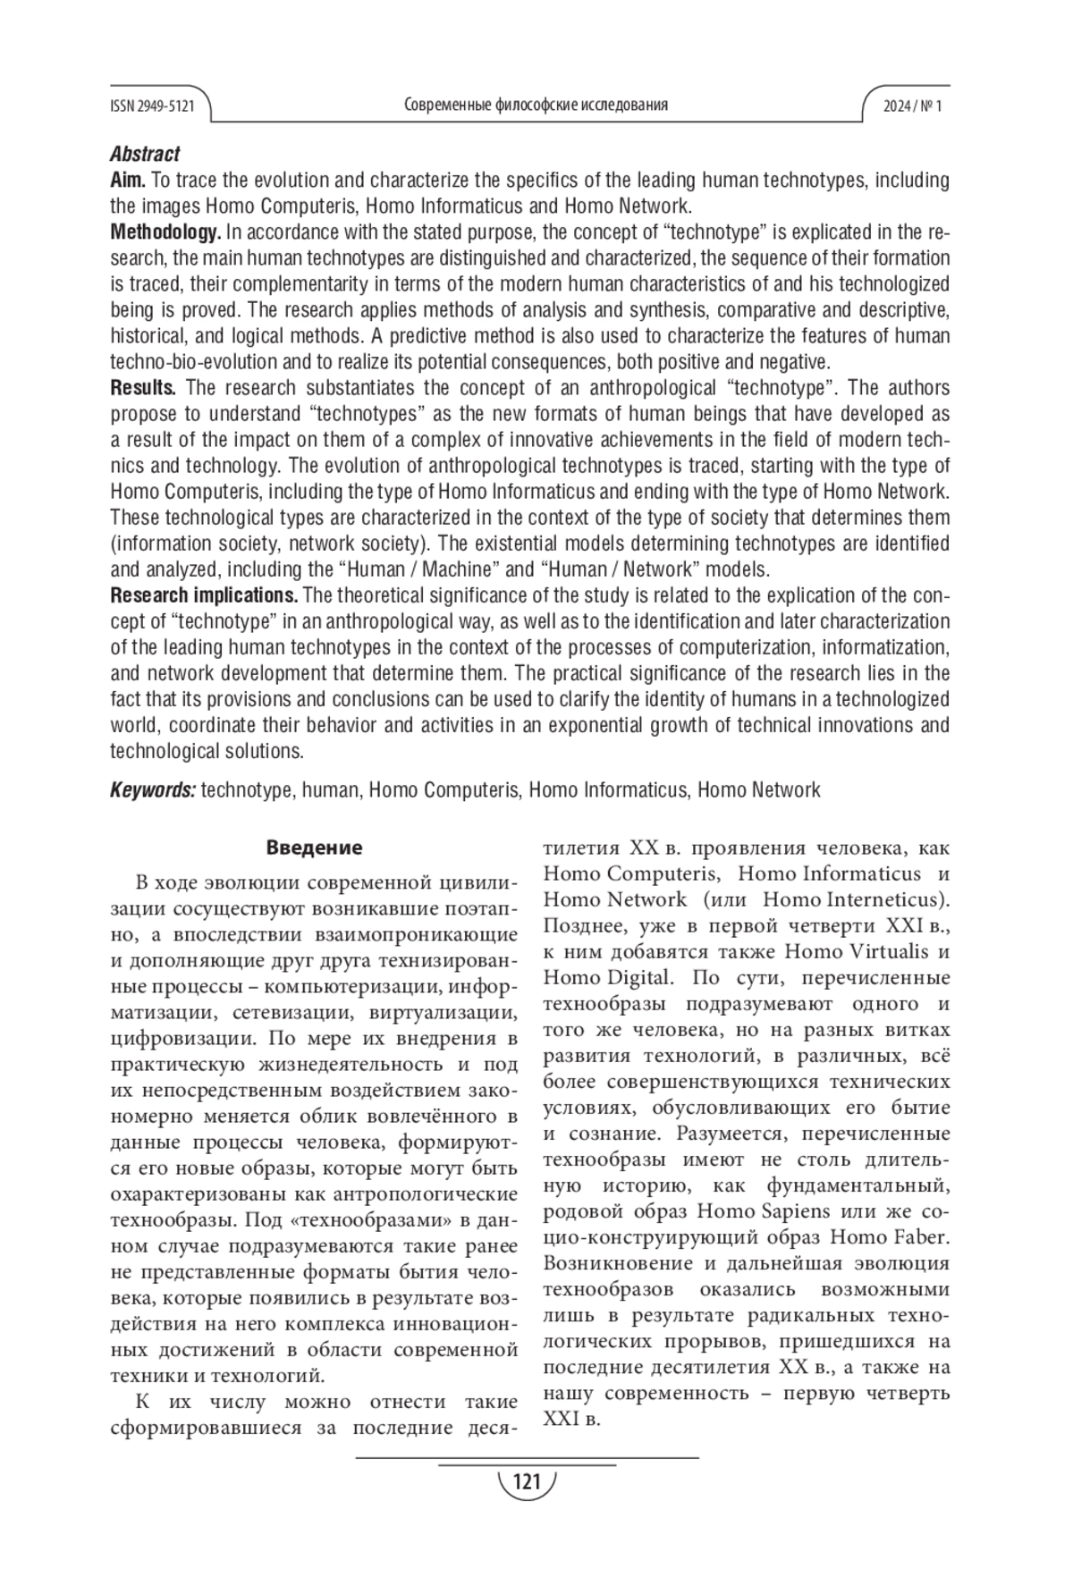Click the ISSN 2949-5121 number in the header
pos(152,105)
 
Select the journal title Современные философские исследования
pos(536,105)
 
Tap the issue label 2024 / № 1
pos(912,105)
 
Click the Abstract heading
pos(145,154)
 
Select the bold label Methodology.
pos(165,232)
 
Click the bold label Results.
pos(142,388)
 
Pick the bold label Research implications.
pos(204,595)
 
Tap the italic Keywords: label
pos(153,790)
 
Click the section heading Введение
pos(314,848)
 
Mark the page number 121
pos(527,1481)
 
